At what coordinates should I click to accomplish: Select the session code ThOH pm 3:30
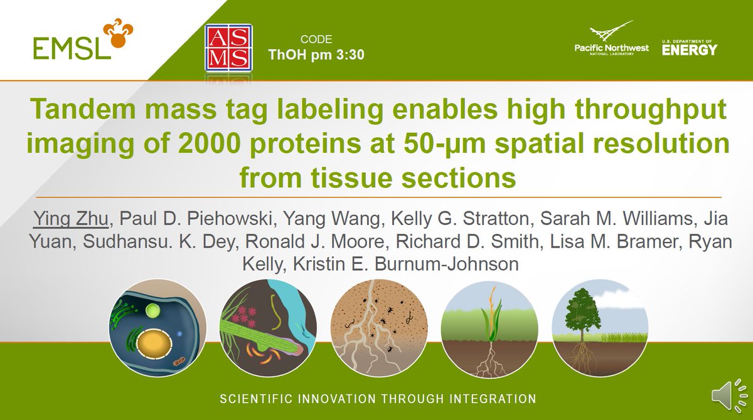click(316, 54)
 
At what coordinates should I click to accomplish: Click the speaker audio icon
click(727, 396)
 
